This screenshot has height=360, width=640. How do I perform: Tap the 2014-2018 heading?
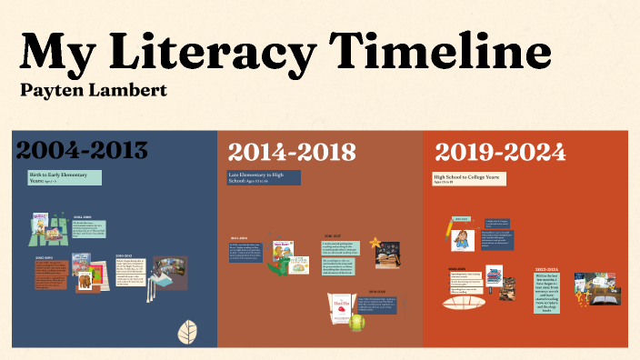click(291, 152)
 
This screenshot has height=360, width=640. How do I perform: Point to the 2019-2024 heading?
click(499, 152)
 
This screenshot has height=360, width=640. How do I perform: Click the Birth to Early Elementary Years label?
click(65, 177)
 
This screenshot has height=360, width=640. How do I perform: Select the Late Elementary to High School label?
click(264, 178)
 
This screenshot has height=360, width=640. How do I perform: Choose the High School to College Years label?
click(469, 178)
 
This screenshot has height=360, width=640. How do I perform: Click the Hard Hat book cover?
click(337, 309)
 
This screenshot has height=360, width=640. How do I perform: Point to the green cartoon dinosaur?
click(282, 265)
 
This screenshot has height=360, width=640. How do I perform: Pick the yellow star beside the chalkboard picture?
click(373, 243)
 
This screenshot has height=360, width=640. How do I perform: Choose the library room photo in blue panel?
click(169, 270)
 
